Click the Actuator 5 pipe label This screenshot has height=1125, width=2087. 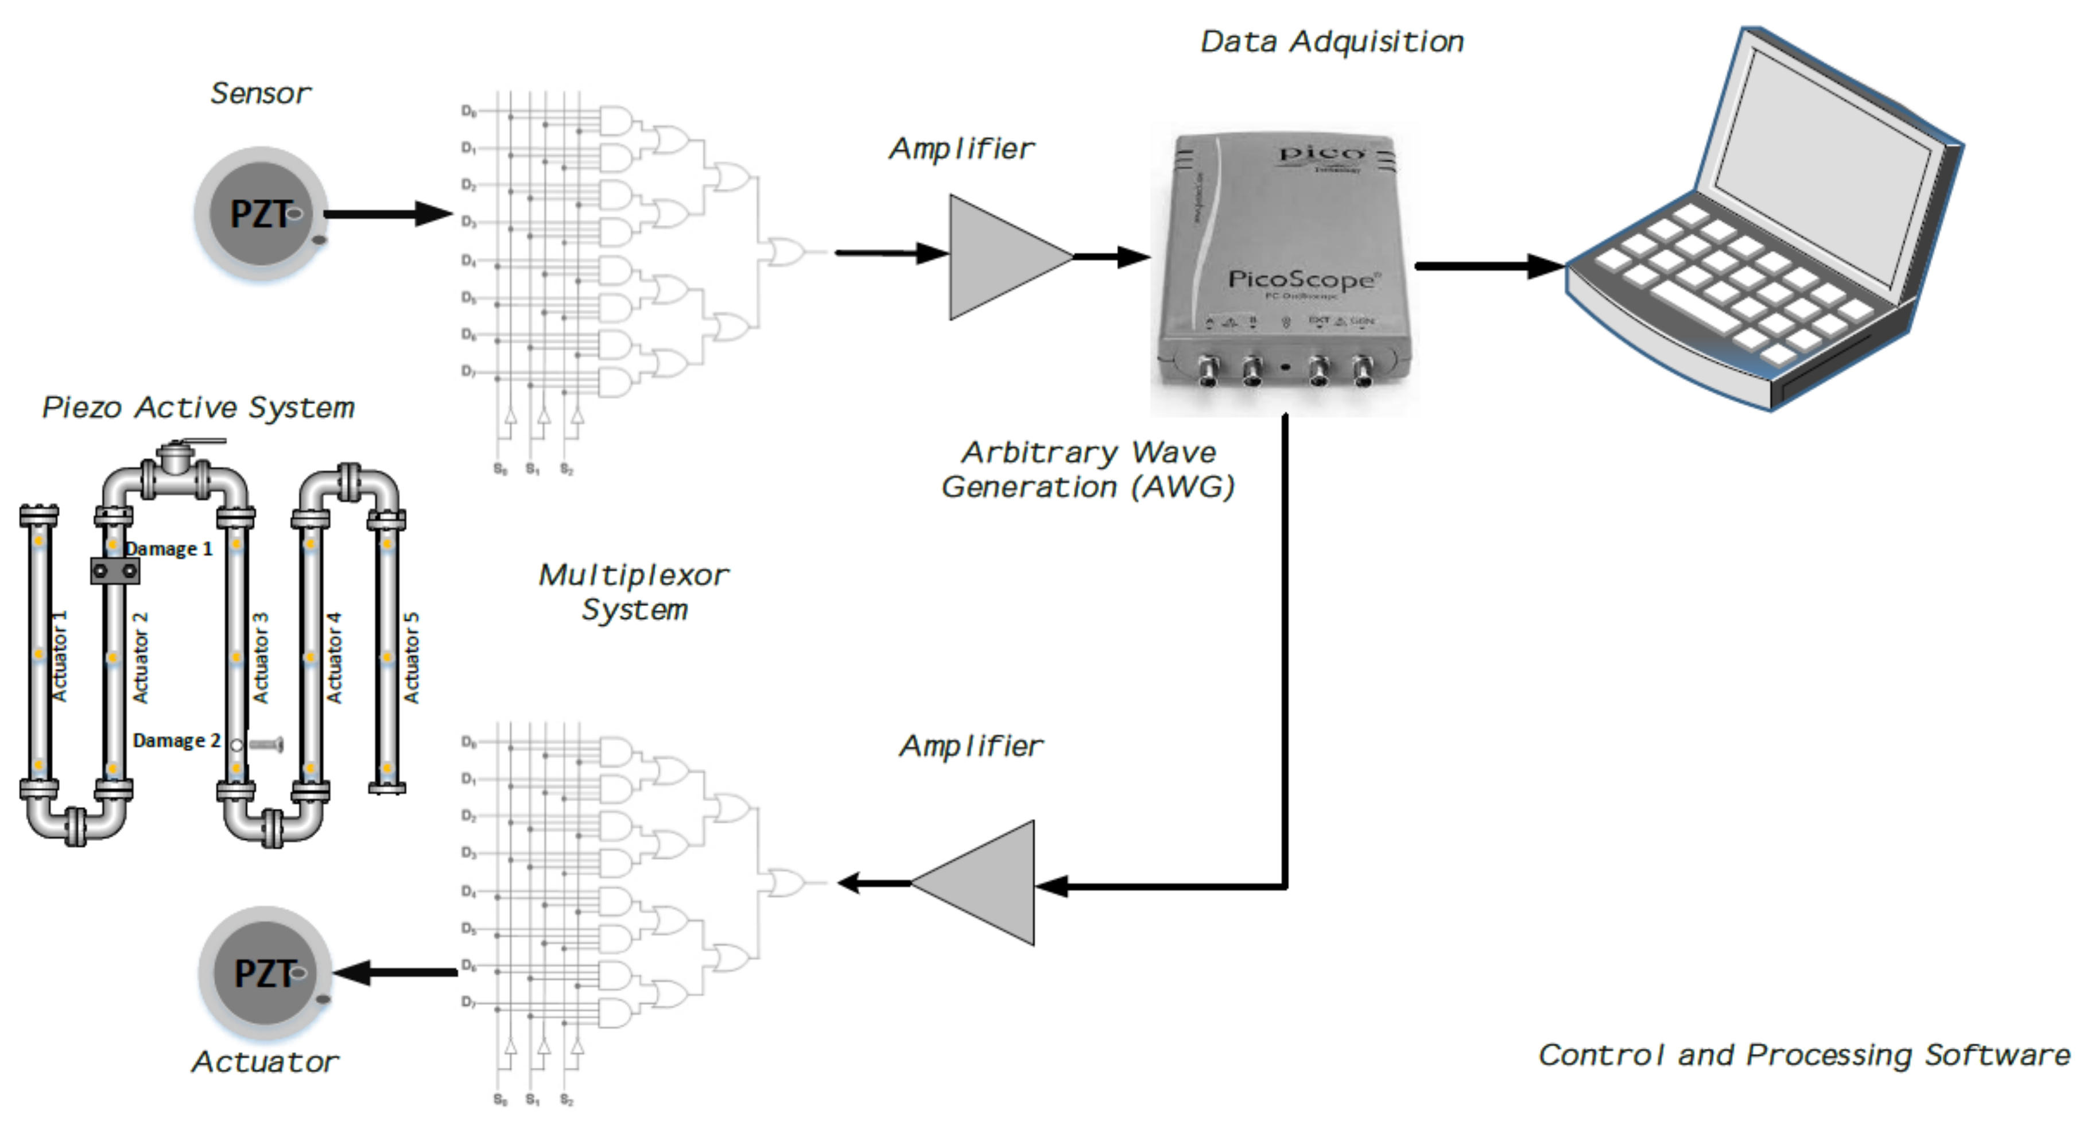(412, 658)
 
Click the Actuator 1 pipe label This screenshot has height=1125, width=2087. (59, 656)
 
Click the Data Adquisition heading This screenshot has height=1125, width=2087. (1331, 42)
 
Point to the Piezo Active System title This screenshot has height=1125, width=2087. (199, 408)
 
